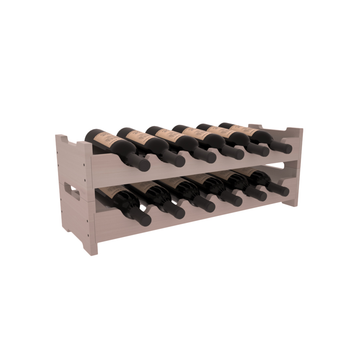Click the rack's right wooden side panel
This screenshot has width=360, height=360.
tap(293, 170)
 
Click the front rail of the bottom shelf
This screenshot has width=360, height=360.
tap(190, 223)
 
